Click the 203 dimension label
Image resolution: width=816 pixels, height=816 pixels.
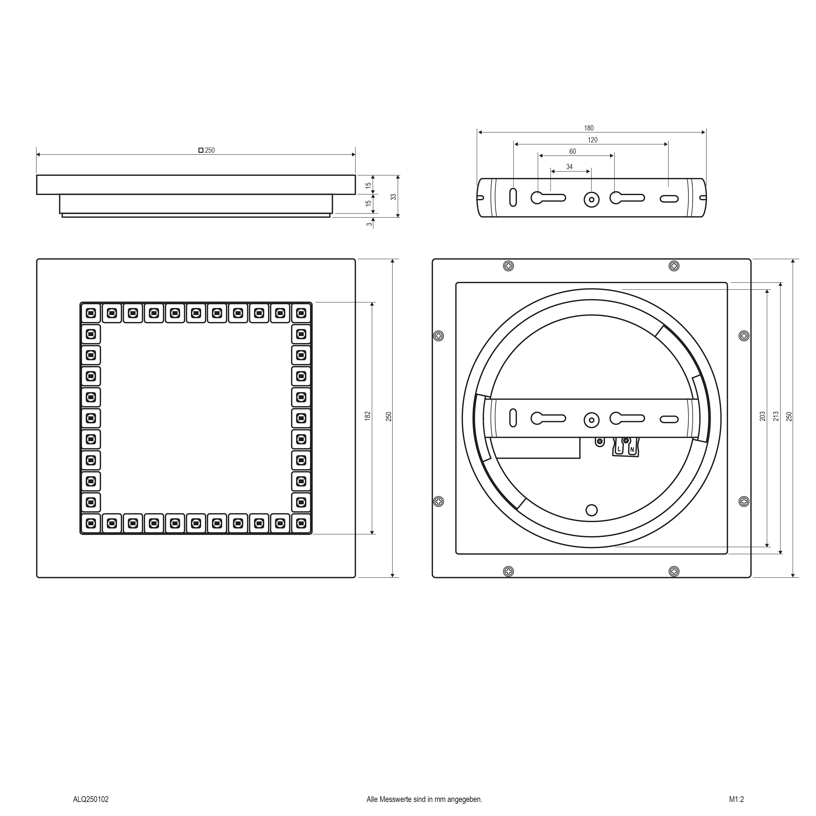(762, 417)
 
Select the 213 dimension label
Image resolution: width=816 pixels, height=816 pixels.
(775, 417)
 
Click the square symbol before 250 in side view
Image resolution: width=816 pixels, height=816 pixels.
(201, 150)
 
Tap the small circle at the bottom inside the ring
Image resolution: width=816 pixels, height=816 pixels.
(592, 510)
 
